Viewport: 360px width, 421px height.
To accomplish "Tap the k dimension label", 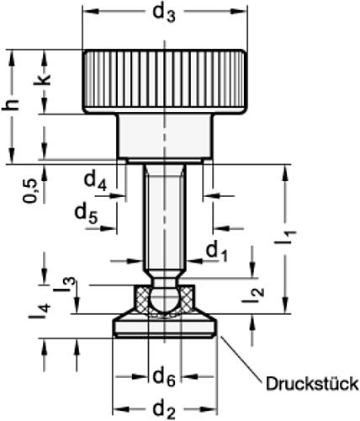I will tap(48, 83).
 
